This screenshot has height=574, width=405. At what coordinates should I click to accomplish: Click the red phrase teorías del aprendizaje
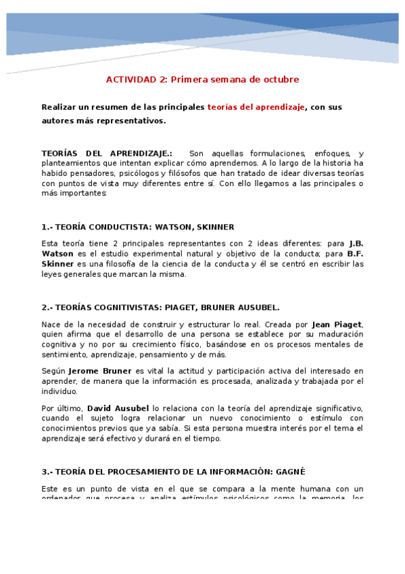click(x=256, y=107)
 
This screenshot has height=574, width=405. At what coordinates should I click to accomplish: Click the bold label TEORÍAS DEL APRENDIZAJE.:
click(x=107, y=154)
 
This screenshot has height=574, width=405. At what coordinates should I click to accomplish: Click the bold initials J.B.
click(x=356, y=243)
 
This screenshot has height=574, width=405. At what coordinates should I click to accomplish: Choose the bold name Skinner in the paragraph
click(x=57, y=264)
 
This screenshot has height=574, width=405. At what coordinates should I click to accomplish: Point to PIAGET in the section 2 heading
click(x=180, y=307)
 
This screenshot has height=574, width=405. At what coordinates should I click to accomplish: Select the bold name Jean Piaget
click(x=337, y=324)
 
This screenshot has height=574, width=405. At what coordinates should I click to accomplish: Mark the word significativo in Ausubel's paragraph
click(x=337, y=408)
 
